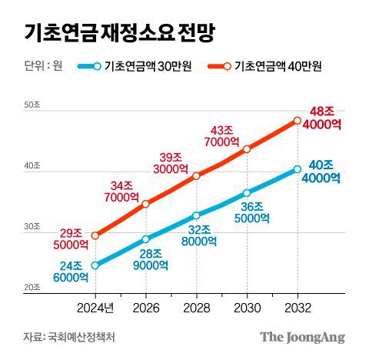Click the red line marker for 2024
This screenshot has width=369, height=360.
[x=95, y=235]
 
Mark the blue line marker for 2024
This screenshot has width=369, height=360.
[x=95, y=265]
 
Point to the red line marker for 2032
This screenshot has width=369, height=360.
[x=298, y=120]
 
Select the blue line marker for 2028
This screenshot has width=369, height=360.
[x=196, y=215]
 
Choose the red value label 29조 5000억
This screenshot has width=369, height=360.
[x=70, y=238]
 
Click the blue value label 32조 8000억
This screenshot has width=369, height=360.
[x=198, y=235]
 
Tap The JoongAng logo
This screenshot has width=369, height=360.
[x=301, y=336]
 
